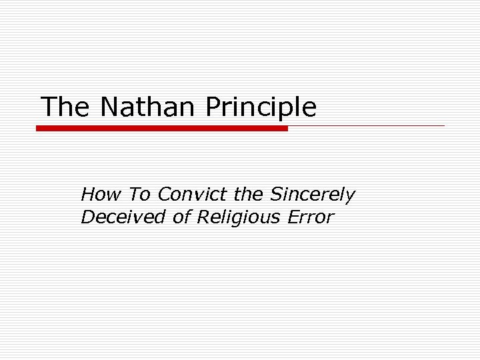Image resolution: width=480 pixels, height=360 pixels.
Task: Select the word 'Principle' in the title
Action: tap(261, 107)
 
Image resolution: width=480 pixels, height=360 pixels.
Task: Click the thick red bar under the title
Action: tap(162, 128)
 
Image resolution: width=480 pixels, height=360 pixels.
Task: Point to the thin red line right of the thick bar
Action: tap(367, 125)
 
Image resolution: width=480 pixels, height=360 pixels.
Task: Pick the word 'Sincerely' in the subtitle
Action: tap(313, 195)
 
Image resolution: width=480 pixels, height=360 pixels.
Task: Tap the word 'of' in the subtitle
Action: tap(182, 217)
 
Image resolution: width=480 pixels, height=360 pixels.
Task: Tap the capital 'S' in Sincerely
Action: tap(277, 195)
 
